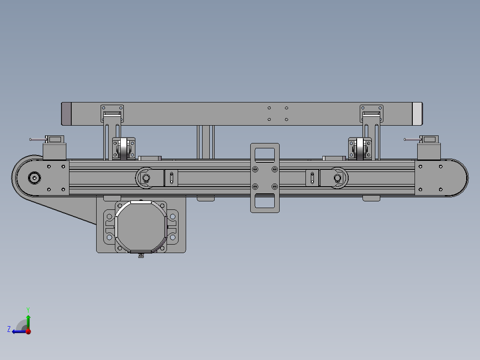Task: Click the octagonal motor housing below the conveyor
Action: click(141, 227)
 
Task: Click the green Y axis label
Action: click(28, 310)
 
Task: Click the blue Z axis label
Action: click(9, 329)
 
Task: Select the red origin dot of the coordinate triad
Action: click(28, 331)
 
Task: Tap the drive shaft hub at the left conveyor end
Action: click(34, 178)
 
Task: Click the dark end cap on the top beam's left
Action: click(66, 114)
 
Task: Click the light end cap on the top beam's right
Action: click(417, 114)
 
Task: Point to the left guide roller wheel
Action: click(124, 149)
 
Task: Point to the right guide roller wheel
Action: click(360, 149)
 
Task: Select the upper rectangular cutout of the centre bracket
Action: click(265, 155)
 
